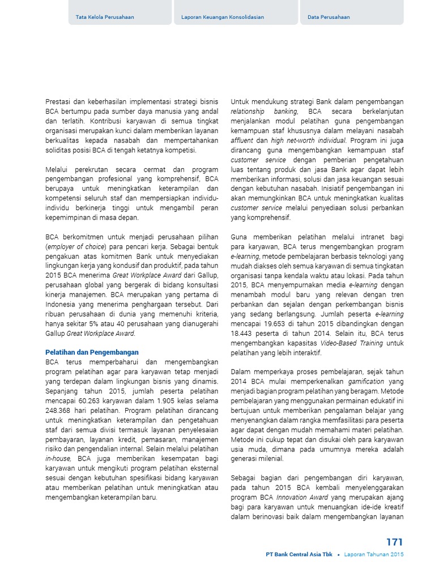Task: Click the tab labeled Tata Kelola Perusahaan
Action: [105, 17]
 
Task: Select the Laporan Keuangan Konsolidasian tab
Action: [223, 17]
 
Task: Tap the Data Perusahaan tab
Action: [329, 17]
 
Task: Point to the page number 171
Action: [395, 542]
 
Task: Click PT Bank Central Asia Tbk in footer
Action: [299, 555]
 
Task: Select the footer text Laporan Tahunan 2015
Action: [374, 555]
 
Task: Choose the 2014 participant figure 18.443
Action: [245, 333]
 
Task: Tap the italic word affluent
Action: [242, 140]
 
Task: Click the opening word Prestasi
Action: [58, 101]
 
